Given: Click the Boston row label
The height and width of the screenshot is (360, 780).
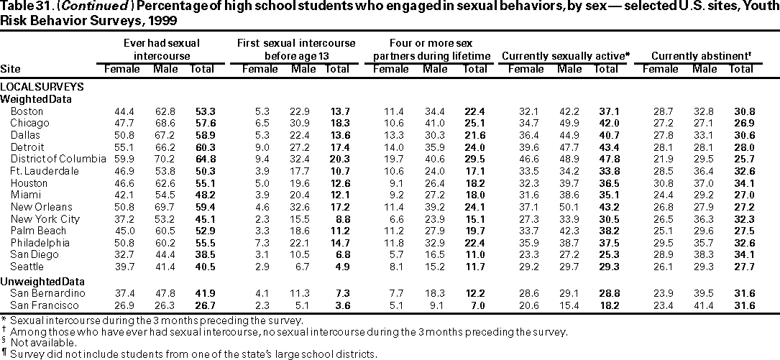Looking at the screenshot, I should pos(27,111).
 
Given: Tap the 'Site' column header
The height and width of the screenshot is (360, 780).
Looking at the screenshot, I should pos(9,69).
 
